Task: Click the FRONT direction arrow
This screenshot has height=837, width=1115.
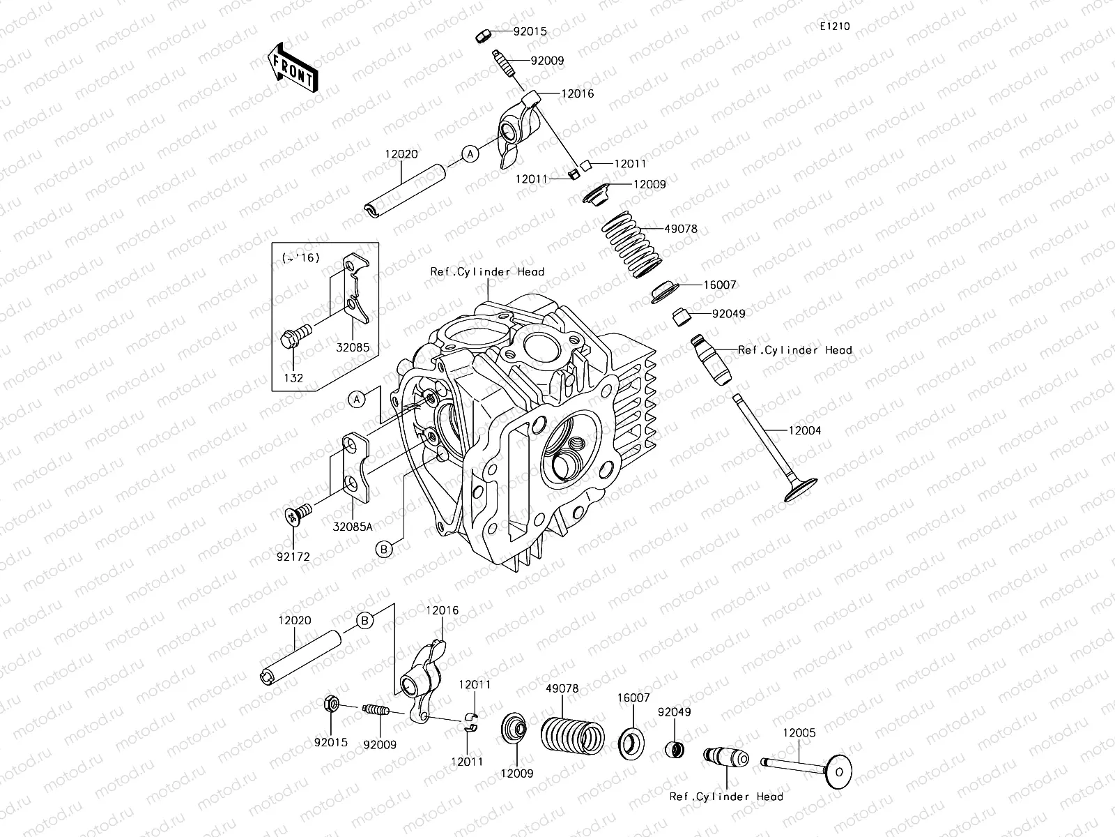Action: point(293,68)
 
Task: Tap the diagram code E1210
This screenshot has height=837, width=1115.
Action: point(835,27)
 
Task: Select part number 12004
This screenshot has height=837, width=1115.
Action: point(805,430)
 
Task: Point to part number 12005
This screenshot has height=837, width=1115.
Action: point(799,733)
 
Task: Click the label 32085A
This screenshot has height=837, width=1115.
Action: point(353,527)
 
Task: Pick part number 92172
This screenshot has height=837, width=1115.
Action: point(293,557)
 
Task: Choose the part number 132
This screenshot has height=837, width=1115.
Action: point(293,378)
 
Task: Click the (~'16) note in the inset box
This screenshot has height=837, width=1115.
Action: point(301,257)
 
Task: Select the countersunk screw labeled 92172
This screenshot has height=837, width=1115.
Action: point(298,514)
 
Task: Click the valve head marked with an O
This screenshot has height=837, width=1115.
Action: point(838,772)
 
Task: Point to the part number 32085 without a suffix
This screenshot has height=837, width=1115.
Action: point(353,347)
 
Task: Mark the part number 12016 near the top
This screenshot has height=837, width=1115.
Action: point(577,93)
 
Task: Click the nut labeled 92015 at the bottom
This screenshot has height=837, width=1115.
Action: point(331,704)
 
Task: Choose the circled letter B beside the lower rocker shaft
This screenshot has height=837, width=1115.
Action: point(364,621)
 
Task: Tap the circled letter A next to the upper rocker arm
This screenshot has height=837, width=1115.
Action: point(470,153)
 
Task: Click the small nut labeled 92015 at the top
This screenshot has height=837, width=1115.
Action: point(483,36)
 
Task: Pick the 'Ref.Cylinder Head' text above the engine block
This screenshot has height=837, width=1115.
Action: point(487,272)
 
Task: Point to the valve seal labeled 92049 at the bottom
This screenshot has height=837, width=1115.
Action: point(675,749)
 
